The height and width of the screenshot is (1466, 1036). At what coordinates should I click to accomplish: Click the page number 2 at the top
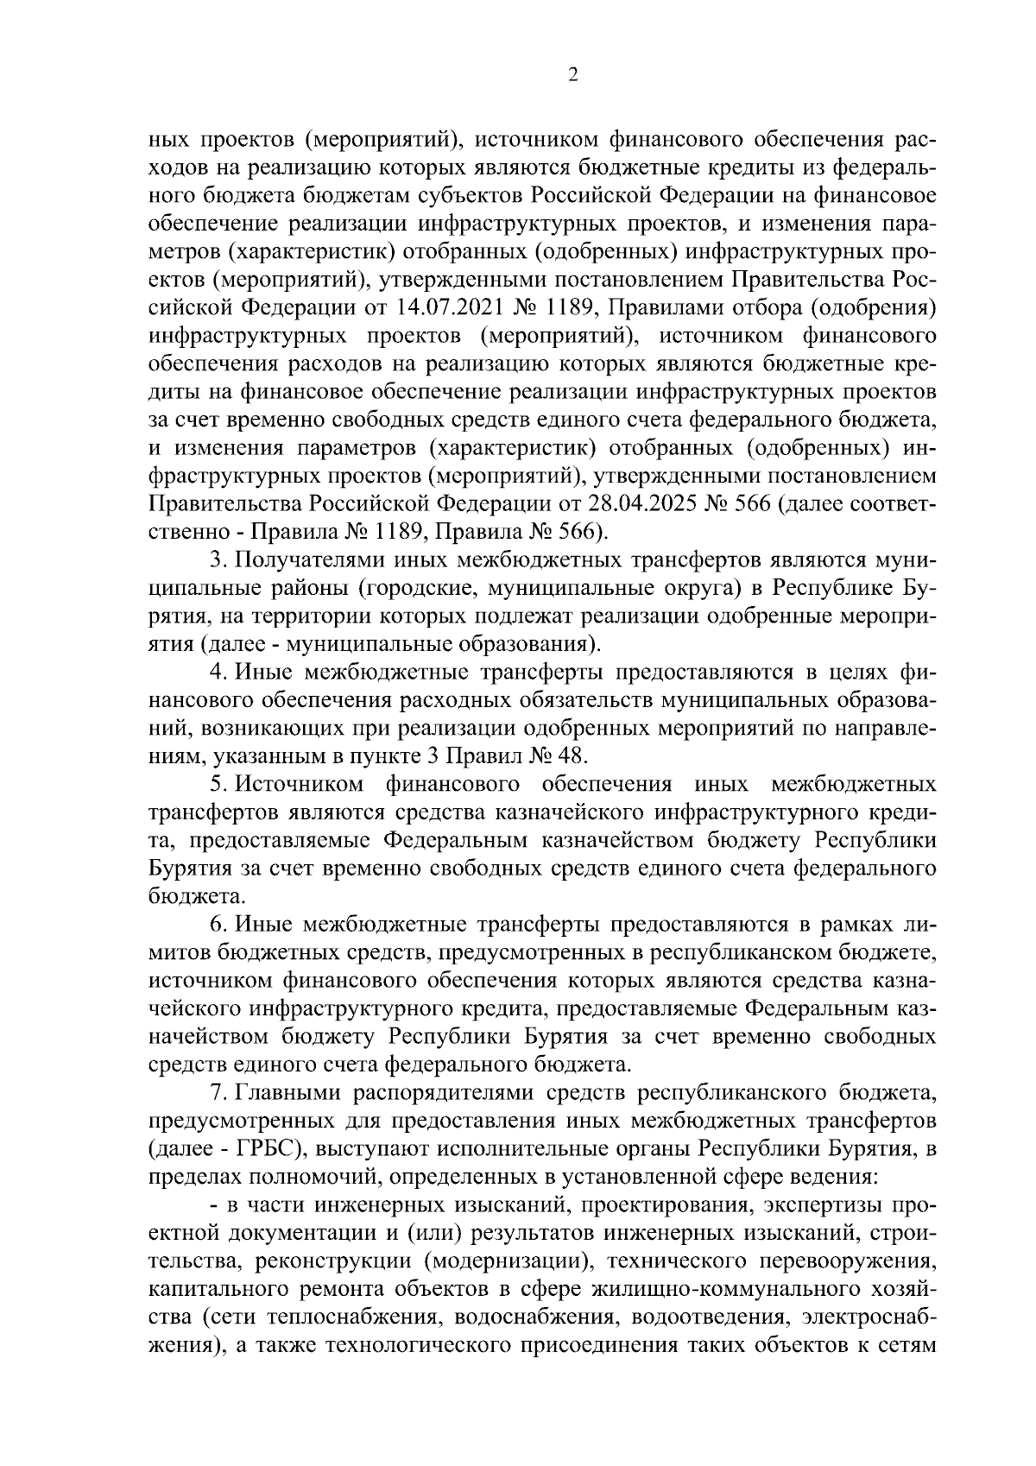(572, 75)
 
